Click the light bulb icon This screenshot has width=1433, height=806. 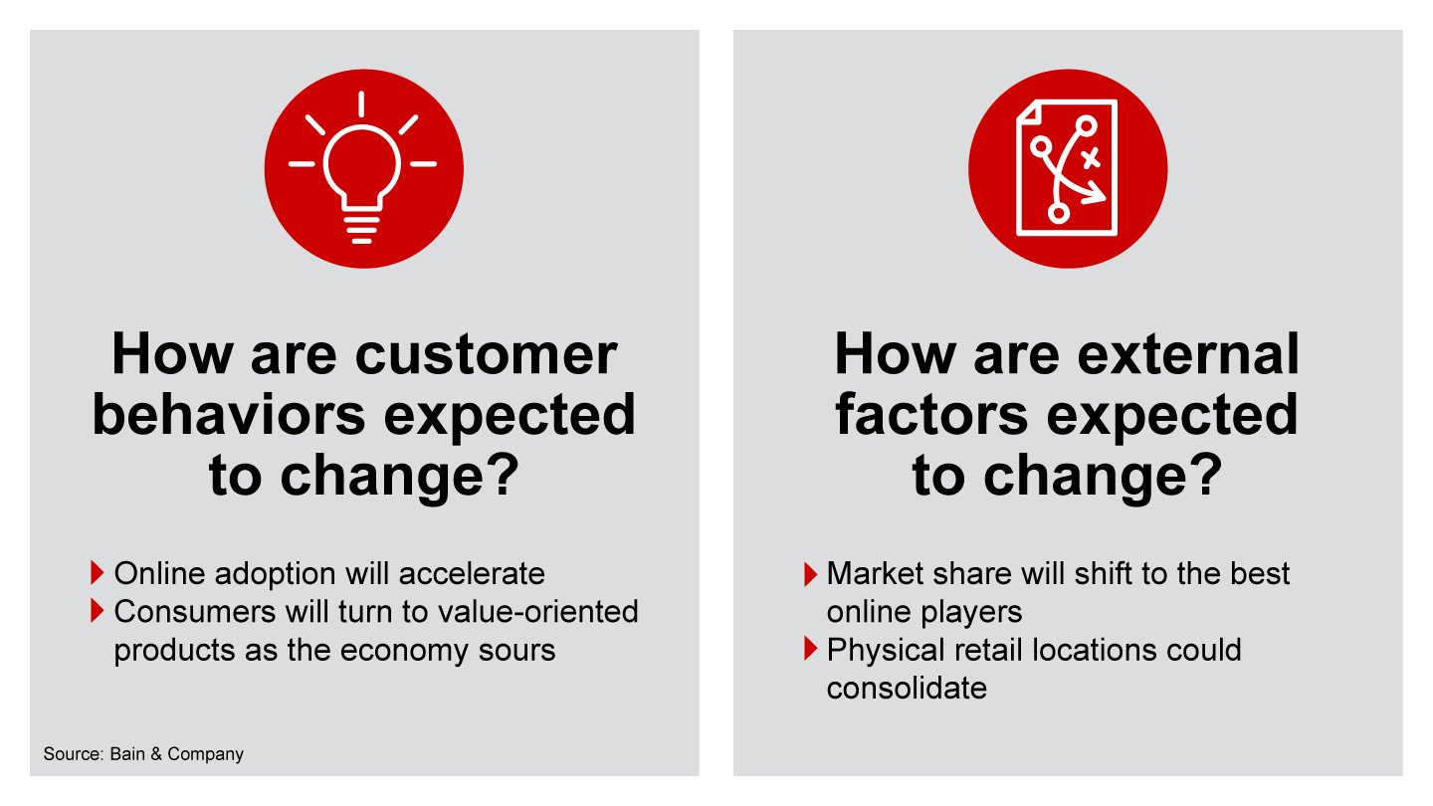(x=362, y=167)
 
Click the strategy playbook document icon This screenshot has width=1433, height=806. (x=1067, y=167)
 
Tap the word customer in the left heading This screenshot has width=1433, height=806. (x=486, y=354)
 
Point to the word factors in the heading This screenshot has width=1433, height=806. (x=931, y=415)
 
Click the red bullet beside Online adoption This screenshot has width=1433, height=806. (x=98, y=572)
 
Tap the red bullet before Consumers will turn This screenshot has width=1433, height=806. (x=98, y=611)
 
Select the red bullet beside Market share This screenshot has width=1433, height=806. (x=810, y=574)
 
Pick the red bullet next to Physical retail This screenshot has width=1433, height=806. (x=810, y=649)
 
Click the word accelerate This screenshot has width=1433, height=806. (x=472, y=573)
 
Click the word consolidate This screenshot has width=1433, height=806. (x=907, y=689)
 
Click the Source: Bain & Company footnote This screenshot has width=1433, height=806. (x=143, y=753)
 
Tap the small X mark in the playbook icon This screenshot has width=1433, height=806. (x=1091, y=157)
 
